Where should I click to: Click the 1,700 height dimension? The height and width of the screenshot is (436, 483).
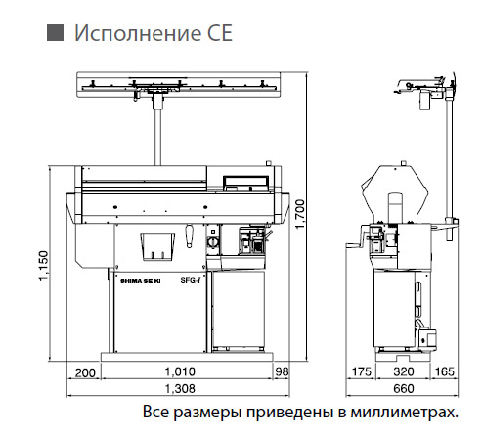coord(300,214)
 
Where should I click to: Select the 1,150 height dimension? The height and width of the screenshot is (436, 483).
coord(43,265)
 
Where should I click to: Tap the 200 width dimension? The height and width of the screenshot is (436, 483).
coord(85,372)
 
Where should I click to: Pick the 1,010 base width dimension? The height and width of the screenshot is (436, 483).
coord(180,371)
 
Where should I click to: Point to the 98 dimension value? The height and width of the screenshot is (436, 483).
coord(282,371)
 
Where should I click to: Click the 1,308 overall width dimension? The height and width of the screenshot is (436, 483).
coord(180,389)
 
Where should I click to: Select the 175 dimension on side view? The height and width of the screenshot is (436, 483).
coord(362,371)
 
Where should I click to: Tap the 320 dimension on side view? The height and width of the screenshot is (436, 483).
coord(404,371)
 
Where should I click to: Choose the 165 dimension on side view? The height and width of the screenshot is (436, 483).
coord(445,371)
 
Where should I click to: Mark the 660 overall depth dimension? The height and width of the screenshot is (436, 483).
coord(404,389)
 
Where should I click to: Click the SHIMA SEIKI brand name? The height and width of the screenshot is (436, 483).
coord(141,281)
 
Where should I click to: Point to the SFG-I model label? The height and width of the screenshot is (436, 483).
coord(191,280)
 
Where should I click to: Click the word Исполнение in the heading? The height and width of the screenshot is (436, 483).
coord(133,33)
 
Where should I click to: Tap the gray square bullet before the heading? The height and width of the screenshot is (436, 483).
coord(55,32)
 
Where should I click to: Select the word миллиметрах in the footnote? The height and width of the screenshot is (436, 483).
coord(404,412)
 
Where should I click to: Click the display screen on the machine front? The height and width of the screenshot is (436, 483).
coord(245,182)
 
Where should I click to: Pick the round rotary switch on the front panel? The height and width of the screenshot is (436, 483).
coord(212,242)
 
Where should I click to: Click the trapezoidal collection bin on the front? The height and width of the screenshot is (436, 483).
coord(157,246)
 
